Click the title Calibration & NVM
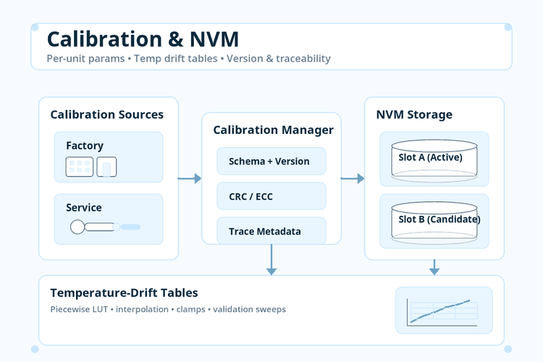click(x=143, y=39)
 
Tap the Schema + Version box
click(x=271, y=161)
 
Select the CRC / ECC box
click(x=271, y=196)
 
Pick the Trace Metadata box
click(x=271, y=231)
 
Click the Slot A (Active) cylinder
click(x=434, y=159)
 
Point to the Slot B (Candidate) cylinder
click(x=434, y=221)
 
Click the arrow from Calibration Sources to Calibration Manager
click(x=190, y=178)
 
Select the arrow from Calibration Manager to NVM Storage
click(x=353, y=178)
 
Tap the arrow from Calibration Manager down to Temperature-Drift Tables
click(x=271, y=259)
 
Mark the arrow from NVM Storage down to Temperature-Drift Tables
click(x=434, y=267)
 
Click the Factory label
click(x=85, y=146)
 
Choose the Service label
click(x=84, y=208)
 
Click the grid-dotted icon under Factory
click(x=80, y=167)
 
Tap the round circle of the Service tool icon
click(x=77, y=227)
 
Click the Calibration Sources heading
click(x=106, y=114)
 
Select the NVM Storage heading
click(x=414, y=114)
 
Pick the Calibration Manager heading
click(x=273, y=130)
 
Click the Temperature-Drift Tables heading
click(x=124, y=292)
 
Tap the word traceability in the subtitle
click(x=303, y=59)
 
